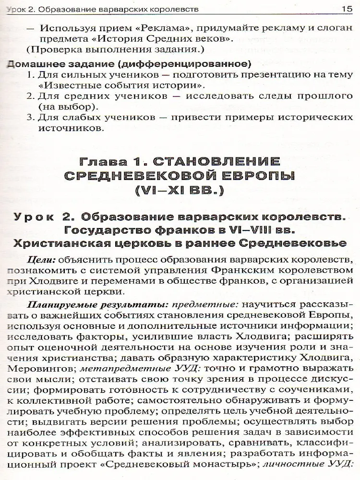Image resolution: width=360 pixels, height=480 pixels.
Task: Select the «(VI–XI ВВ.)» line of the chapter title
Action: [x=180, y=192]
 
